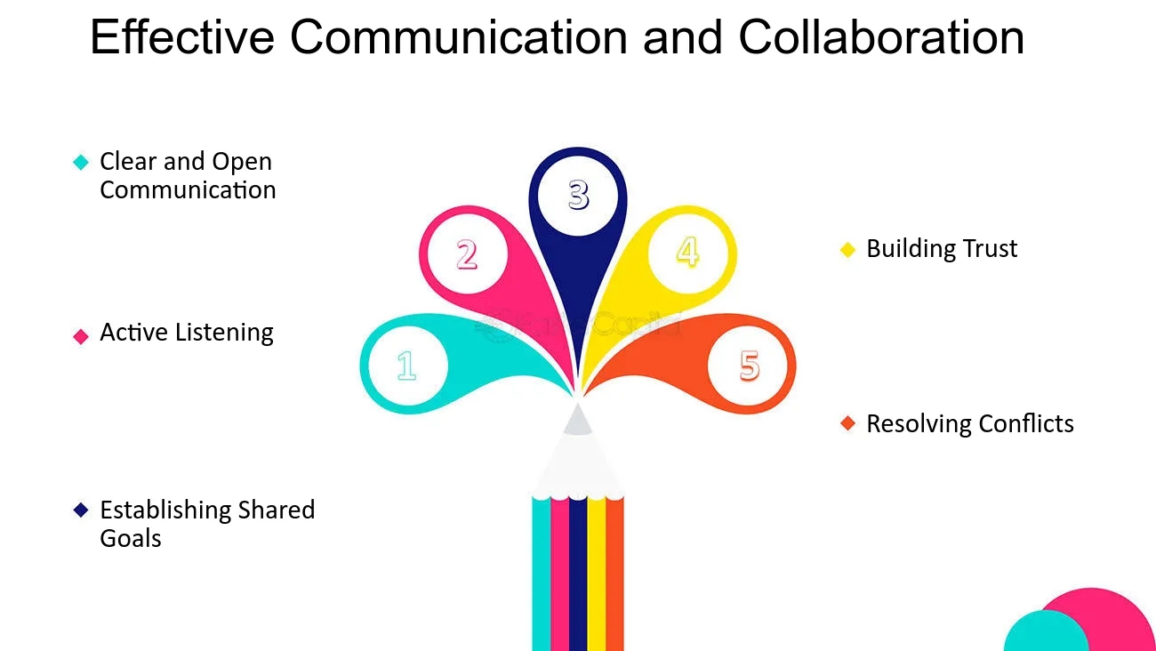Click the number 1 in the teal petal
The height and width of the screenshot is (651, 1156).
click(x=406, y=366)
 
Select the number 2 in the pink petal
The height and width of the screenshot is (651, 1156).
click(x=467, y=255)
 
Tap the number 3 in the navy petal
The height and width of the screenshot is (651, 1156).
click(x=579, y=194)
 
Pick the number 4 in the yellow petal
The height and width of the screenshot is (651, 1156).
click(x=687, y=252)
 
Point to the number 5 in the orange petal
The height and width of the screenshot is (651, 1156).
click(x=750, y=366)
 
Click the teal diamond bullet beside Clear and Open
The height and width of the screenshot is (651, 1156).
click(x=81, y=162)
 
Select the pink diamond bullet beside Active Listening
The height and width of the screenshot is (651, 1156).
click(x=81, y=336)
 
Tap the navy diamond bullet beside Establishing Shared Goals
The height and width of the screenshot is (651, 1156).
click(x=81, y=510)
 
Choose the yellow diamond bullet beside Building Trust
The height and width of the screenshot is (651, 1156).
click(x=847, y=250)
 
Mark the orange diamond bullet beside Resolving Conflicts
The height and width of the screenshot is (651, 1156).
click(x=847, y=423)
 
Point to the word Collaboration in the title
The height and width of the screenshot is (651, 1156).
click(x=880, y=37)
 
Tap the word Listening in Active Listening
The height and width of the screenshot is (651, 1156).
click(x=224, y=334)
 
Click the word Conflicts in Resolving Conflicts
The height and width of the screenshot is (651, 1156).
click(x=1024, y=423)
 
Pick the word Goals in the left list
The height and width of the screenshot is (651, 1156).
click(x=131, y=538)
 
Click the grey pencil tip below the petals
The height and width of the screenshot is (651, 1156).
click(x=577, y=420)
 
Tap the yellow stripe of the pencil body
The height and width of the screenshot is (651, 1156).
click(x=596, y=578)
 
